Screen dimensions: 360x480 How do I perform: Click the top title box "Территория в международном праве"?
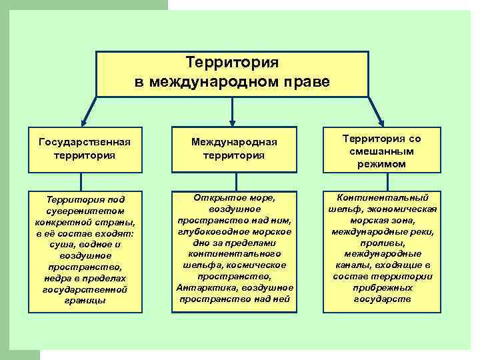[x=232, y=73]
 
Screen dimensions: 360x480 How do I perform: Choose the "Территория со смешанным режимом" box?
[x=382, y=150]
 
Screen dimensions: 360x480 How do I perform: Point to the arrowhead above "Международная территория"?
[x=233, y=123]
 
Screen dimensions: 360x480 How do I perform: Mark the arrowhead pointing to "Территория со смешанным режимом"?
[x=381, y=123]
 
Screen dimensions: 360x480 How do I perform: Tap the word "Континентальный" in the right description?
[x=382, y=198]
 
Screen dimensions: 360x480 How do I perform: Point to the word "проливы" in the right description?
[x=382, y=243]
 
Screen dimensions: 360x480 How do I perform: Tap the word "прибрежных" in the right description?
[x=382, y=288]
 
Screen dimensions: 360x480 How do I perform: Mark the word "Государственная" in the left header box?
[x=84, y=142]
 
